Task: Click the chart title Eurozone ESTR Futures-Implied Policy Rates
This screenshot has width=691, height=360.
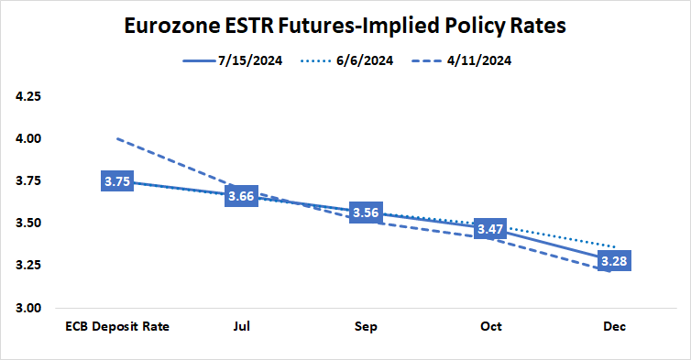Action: tap(345, 26)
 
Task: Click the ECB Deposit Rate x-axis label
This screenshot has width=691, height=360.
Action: tap(117, 326)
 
